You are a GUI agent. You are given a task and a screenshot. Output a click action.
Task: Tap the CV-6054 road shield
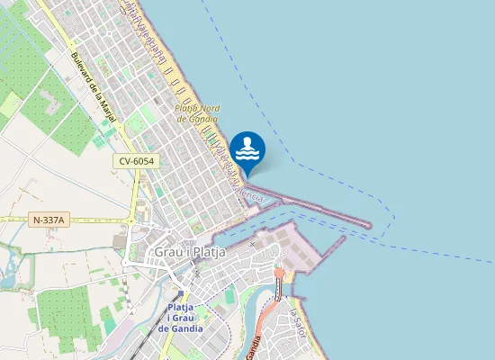[x=136, y=161]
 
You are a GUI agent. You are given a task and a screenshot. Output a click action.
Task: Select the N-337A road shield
[x=49, y=220]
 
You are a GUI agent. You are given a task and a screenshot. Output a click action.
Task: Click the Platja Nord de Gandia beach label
[x=197, y=112]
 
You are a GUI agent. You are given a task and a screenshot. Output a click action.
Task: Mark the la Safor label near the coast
[x=296, y=323]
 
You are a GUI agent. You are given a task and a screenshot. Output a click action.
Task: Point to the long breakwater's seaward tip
[x=368, y=224]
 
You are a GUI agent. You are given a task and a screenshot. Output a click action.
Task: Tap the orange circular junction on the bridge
[x=280, y=272]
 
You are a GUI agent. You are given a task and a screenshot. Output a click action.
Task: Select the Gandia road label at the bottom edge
[x=256, y=348]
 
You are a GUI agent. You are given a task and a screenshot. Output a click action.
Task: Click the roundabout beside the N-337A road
[x=131, y=220]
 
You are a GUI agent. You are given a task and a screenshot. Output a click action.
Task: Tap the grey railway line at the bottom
[x=144, y=346]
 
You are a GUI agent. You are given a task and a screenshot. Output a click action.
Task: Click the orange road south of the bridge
[x=266, y=315]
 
